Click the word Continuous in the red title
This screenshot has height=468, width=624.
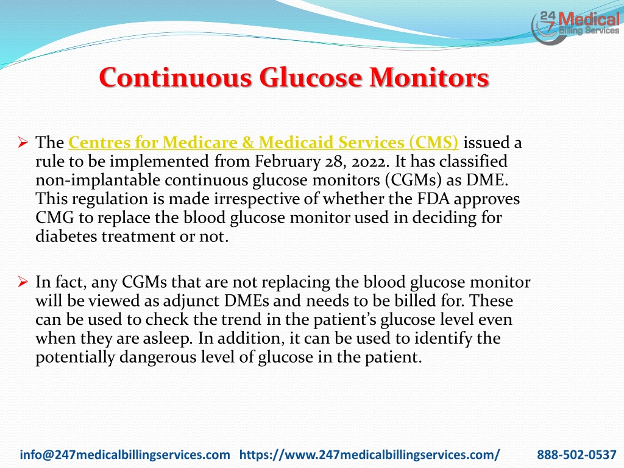175,77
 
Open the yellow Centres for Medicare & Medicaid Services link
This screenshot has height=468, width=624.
263,143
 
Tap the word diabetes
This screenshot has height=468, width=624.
66,236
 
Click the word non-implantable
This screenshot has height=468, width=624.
98,180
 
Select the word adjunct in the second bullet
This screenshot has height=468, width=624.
191,301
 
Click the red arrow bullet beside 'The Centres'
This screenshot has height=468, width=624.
23,142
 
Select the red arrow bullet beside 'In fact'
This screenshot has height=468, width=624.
23,282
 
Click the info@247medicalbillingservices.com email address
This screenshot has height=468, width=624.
125,455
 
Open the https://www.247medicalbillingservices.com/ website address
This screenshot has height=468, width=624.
370,455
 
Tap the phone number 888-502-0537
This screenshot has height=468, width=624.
576,455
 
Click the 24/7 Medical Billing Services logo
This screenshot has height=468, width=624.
575,27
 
